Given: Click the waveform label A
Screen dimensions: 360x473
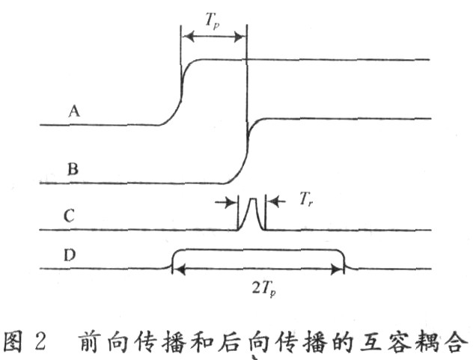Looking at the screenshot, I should click(x=74, y=112).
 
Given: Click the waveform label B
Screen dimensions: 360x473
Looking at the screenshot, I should click(x=73, y=168).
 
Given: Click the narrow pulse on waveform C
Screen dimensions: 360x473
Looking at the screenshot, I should click(x=251, y=213).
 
